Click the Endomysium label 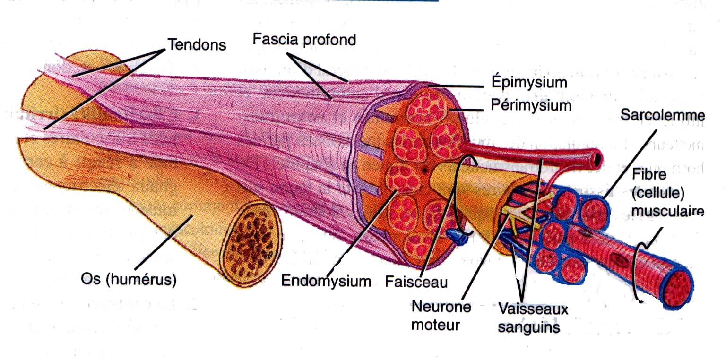(326, 281)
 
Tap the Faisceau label (416, 282)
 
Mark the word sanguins (529, 327)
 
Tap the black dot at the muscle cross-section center (425, 170)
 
